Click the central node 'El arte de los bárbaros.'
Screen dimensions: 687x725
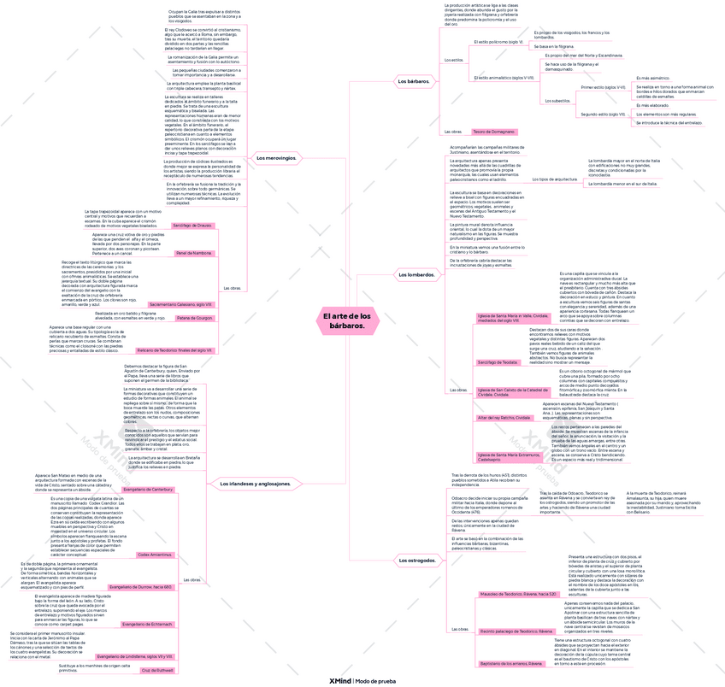coord(347,320)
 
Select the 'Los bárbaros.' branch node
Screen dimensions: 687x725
coord(414,81)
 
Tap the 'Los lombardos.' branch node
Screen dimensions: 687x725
coord(416,274)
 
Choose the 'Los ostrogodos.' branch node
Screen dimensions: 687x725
coord(417,561)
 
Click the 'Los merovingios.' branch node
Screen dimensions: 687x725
coord(276,157)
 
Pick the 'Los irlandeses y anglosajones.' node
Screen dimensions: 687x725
coord(256,484)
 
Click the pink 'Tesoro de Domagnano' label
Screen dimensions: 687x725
coord(494,132)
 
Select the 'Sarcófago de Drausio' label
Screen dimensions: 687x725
coord(192,225)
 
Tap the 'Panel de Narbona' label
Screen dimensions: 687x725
coord(194,253)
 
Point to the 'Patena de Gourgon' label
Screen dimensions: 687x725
coord(195,318)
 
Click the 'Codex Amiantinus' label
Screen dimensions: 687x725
coord(155,555)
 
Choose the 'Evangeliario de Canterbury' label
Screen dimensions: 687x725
coord(148,489)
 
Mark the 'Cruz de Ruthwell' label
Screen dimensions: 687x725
coord(157,670)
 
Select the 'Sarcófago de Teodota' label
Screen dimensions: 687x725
coord(498,362)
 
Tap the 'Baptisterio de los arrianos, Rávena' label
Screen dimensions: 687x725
coord(512,663)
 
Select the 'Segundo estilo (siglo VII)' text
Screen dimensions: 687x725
coord(604,114)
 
